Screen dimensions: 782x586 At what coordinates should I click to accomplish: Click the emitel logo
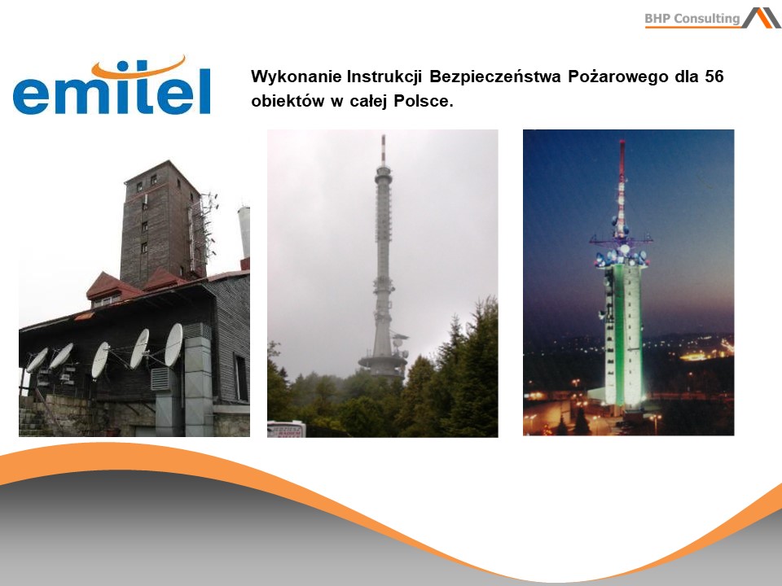point(112,85)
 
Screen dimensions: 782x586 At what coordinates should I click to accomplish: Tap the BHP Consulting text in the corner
point(692,19)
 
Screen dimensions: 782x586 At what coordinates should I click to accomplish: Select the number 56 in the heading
point(714,77)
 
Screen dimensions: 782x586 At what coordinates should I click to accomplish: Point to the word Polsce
point(424,101)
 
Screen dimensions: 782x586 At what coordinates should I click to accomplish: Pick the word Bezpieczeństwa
point(494,77)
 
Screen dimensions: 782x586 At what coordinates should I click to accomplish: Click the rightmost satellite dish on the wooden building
point(173,344)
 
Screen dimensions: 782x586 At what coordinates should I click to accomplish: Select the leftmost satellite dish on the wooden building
point(37,360)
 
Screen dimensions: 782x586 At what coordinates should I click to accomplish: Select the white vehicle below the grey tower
point(286,429)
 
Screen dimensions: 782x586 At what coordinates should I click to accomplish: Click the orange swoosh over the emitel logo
point(138,68)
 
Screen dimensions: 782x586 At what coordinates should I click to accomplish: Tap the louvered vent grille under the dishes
point(160,379)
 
